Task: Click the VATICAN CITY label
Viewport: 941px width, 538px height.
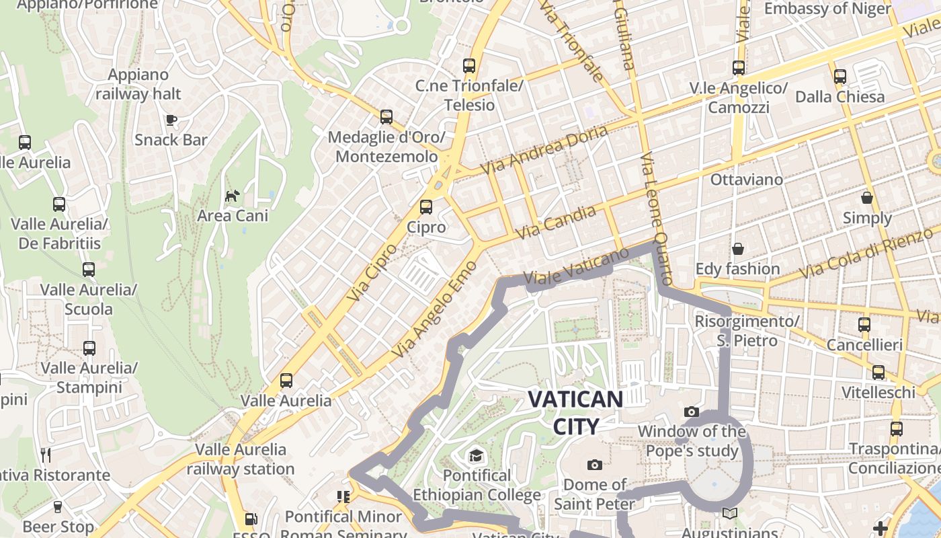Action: [x=575, y=412]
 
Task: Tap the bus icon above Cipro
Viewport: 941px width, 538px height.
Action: [x=425, y=207]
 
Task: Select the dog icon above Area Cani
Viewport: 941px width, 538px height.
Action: [x=232, y=196]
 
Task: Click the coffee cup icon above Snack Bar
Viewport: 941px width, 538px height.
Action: [x=171, y=120]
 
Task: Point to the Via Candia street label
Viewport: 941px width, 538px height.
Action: [x=556, y=223]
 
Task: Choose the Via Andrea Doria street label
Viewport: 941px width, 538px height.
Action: [x=544, y=148]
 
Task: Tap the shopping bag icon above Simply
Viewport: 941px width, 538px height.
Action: [x=867, y=198]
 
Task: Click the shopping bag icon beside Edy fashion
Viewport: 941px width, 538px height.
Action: [x=738, y=249]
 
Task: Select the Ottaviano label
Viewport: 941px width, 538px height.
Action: [x=747, y=180]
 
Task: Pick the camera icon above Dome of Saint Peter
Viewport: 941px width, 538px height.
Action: [x=594, y=465]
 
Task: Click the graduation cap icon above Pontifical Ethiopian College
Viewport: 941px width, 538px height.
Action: [x=477, y=455]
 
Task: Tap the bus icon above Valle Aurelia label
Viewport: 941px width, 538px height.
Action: [x=286, y=381]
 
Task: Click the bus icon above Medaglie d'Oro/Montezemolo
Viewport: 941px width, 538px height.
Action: [x=386, y=117]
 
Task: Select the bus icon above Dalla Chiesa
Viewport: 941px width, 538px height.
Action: [x=840, y=77]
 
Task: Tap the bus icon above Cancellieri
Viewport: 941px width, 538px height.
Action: [x=864, y=325]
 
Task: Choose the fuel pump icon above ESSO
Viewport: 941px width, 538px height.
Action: [x=251, y=519]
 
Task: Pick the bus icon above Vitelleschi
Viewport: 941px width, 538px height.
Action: [x=878, y=373]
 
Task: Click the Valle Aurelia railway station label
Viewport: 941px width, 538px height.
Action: [x=241, y=459]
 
